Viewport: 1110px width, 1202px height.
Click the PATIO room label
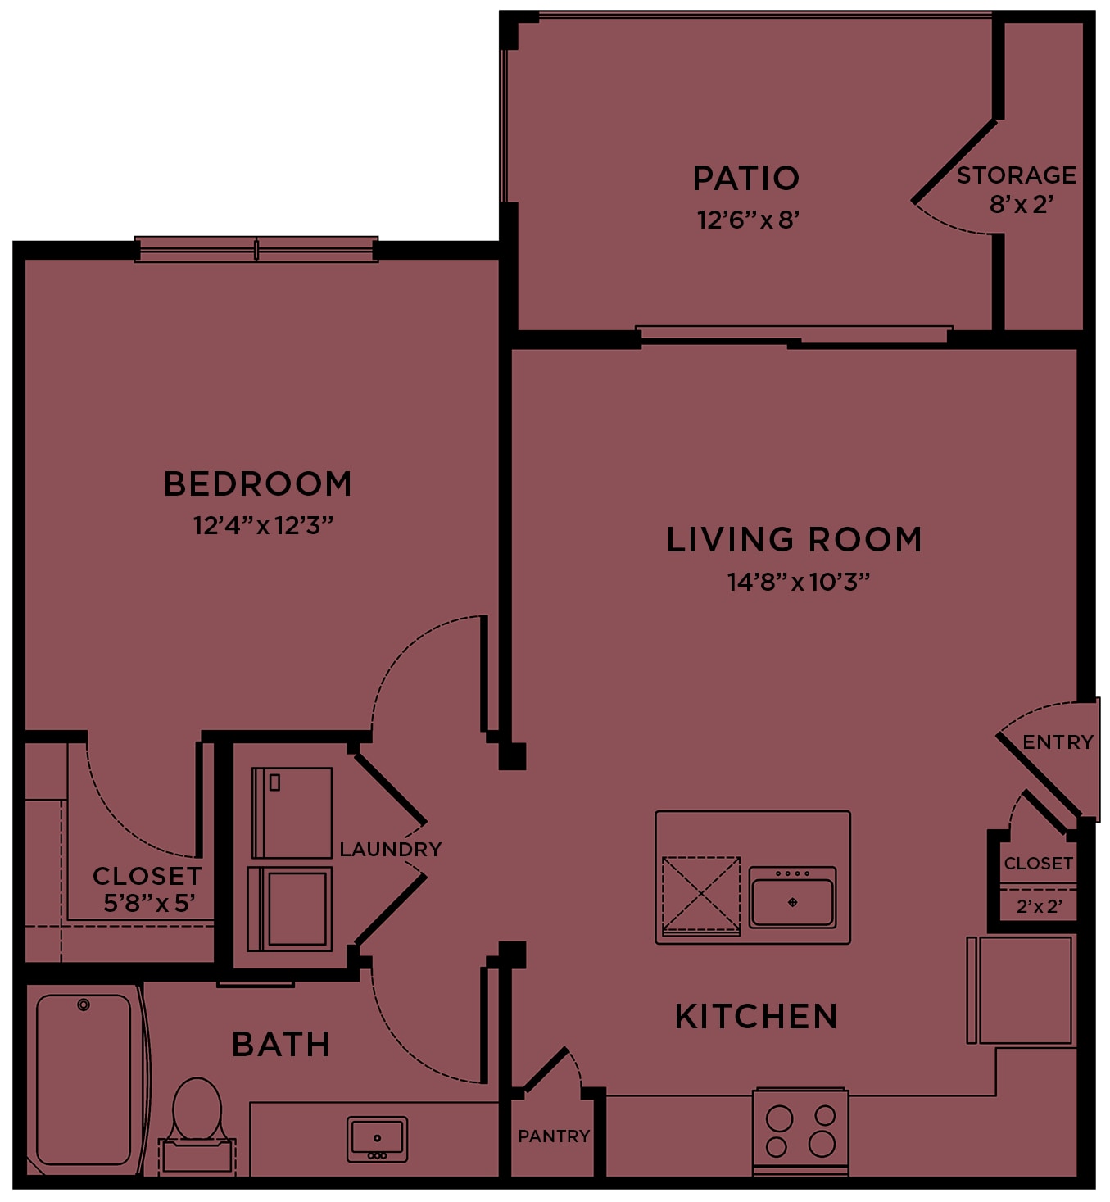(x=745, y=178)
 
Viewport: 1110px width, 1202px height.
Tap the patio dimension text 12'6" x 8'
(x=749, y=220)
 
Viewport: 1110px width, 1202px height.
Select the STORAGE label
(x=1016, y=175)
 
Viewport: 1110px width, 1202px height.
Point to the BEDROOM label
(x=258, y=483)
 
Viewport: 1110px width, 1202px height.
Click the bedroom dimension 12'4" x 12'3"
(x=263, y=525)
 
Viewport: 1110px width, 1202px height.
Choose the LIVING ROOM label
(x=794, y=539)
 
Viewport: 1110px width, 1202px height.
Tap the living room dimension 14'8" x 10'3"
(x=799, y=582)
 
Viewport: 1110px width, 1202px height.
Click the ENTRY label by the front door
(x=1058, y=742)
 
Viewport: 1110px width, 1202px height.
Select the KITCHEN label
(x=757, y=1016)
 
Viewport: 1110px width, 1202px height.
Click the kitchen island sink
(x=792, y=897)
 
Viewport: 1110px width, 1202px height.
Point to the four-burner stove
(x=800, y=1132)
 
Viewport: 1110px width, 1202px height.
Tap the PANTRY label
(x=554, y=1136)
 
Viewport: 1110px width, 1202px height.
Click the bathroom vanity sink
(x=377, y=1140)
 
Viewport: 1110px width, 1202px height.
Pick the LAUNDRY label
(x=391, y=849)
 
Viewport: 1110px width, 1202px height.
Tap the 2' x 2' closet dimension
(x=1039, y=906)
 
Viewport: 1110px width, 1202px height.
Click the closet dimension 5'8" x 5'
(x=149, y=904)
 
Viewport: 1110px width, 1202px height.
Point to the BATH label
(x=280, y=1045)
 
